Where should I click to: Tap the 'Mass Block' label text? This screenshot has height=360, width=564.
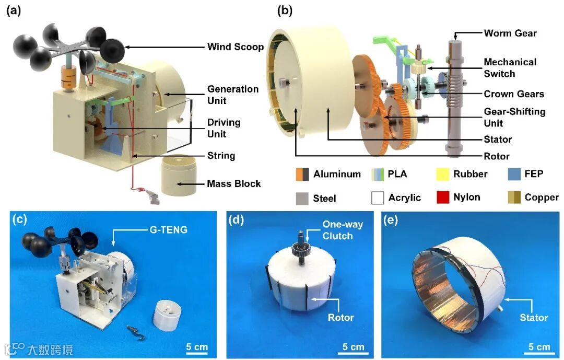[x=234, y=183]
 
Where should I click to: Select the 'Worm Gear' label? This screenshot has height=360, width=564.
[x=510, y=33]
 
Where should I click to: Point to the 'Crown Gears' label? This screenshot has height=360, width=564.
[x=514, y=94]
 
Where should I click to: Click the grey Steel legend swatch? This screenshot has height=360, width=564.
[x=302, y=198]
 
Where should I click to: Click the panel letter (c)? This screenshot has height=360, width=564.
[x=19, y=219]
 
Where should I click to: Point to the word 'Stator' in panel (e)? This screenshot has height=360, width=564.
[x=534, y=317]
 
